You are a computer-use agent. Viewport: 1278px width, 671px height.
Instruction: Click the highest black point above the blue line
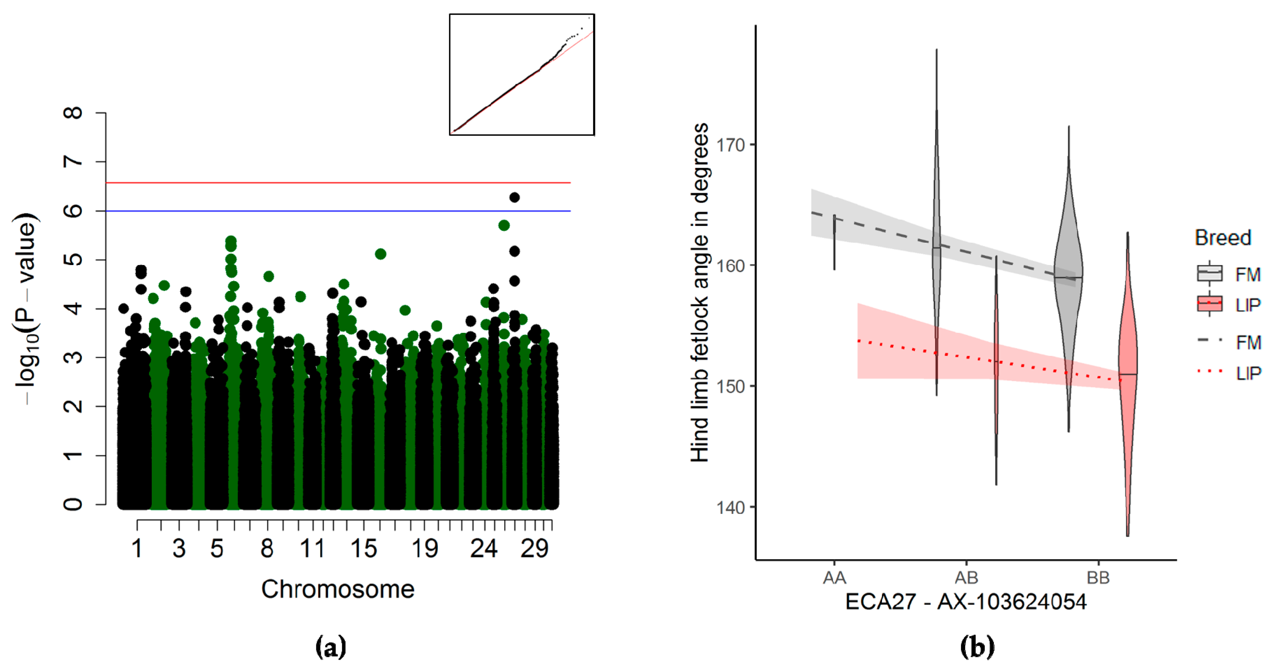point(515,197)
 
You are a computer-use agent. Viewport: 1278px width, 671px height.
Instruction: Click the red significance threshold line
point(337,183)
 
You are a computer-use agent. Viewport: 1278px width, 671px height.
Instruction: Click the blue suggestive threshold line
point(337,211)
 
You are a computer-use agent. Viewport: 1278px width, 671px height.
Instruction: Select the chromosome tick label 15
point(363,549)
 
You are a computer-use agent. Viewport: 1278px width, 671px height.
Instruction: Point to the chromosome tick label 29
point(534,549)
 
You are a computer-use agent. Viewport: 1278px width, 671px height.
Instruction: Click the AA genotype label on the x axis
point(834,578)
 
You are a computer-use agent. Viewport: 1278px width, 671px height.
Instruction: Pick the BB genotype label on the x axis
point(1098,578)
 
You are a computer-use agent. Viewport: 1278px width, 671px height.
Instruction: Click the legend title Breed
point(1223,237)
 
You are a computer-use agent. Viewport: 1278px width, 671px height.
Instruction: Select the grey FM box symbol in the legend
point(1209,273)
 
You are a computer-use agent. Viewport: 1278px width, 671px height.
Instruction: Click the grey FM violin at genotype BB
point(1069,278)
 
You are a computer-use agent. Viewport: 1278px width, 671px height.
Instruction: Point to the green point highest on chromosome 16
point(381,254)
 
